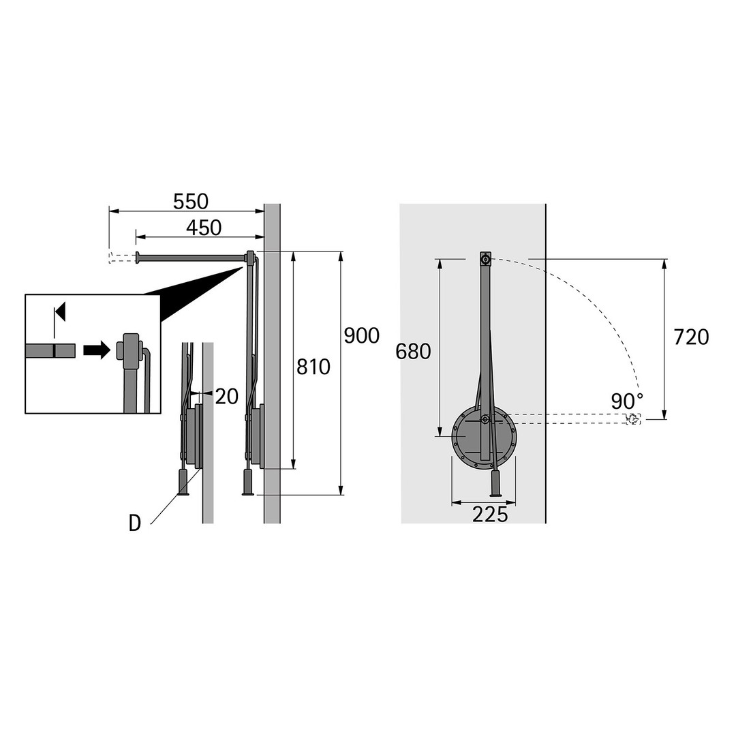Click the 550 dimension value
191,201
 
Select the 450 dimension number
204,228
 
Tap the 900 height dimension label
361,335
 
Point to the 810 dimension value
313,367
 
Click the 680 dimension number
413,351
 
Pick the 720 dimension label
691,337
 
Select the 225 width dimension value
490,515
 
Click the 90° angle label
627,401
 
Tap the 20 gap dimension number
227,397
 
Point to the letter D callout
135,523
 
